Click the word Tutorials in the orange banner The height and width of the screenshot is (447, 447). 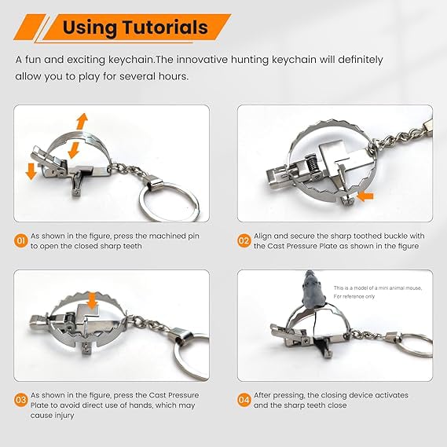(165, 27)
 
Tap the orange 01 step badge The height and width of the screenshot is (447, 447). (20, 241)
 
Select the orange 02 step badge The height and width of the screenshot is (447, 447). (244, 241)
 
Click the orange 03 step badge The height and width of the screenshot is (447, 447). (20, 400)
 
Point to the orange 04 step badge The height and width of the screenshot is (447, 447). (244, 400)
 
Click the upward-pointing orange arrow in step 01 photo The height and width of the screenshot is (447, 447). (82, 122)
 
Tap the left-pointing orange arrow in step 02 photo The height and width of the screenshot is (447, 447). (365, 196)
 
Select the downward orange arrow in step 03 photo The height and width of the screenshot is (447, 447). (92, 301)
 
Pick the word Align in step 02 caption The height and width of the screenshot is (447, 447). (262, 236)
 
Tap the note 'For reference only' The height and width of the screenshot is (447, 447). (354, 296)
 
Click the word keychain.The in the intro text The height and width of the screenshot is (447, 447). (141, 60)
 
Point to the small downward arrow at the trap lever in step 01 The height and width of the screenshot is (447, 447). (31, 171)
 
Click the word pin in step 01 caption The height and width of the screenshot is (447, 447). (193, 236)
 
